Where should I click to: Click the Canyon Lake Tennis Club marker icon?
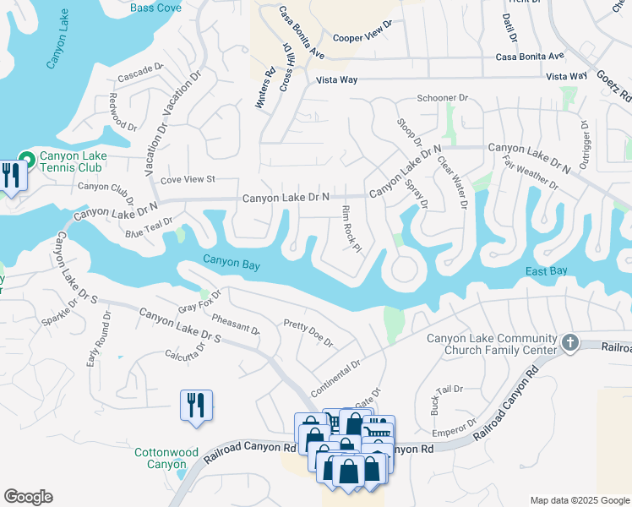point(28,158)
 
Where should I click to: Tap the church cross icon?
point(570,343)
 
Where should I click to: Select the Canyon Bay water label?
point(231,264)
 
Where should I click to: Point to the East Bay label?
point(547,271)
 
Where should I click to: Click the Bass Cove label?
point(156,8)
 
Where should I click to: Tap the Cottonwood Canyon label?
point(160,458)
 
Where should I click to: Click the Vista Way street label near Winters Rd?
point(336,79)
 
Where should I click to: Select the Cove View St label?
point(188,179)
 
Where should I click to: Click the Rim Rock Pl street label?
point(351,228)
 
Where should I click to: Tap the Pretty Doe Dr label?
point(308,334)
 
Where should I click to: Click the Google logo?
point(28,497)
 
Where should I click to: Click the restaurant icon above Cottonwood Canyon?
point(195,405)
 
